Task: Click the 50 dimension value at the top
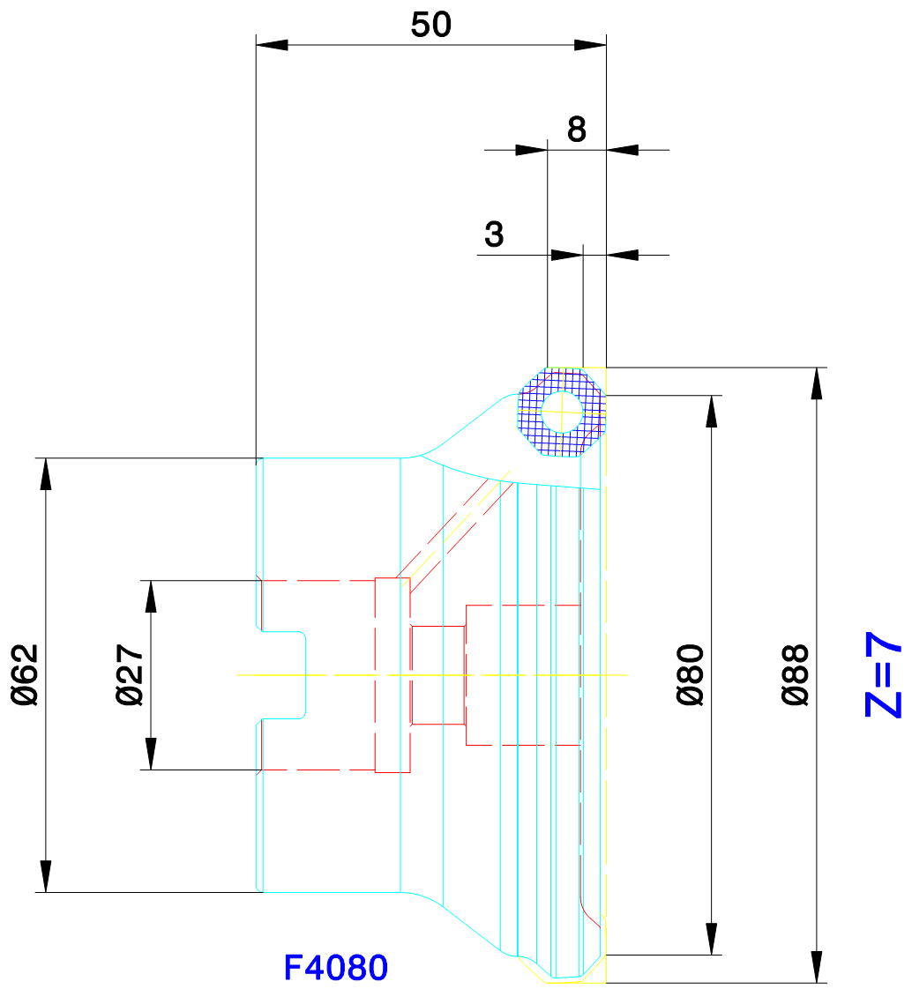(431, 26)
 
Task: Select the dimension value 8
(576, 130)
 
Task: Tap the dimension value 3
(494, 234)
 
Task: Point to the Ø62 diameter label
(26, 674)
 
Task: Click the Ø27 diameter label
(130, 674)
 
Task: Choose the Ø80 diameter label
(690, 674)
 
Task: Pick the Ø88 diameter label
(796, 674)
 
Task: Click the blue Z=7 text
(883, 674)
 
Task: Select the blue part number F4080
(336, 967)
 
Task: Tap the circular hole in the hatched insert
(562, 412)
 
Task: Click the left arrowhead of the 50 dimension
(272, 45)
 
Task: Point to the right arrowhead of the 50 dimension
(590, 45)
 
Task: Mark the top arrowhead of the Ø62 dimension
(46, 473)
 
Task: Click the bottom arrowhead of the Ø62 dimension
(46, 876)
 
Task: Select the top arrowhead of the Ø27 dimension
(151, 596)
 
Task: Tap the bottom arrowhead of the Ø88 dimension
(817, 966)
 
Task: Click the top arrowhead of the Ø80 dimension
(711, 412)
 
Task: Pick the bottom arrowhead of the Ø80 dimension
(711, 939)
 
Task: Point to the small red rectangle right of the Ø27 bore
(438, 675)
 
